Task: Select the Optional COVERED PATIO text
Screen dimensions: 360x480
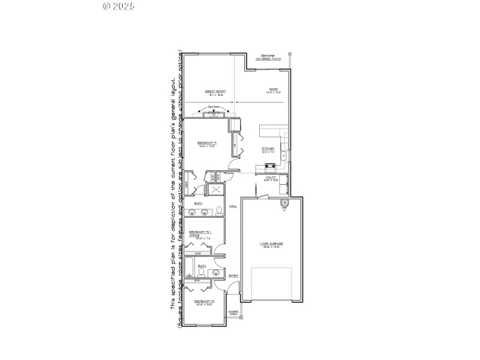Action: [x=267, y=58]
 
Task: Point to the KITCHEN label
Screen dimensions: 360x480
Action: [x=268, y=149]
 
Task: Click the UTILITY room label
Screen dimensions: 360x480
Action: [x=271, y=178]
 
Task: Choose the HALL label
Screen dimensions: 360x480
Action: [x=232, y=206]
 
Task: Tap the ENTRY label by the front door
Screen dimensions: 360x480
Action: [x=233, y=275]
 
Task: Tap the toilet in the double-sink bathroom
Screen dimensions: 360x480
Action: [x=219, y=211]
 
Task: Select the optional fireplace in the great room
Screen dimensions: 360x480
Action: [x=215, y=113]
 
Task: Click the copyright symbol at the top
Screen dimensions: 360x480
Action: [x=107, y=6]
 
